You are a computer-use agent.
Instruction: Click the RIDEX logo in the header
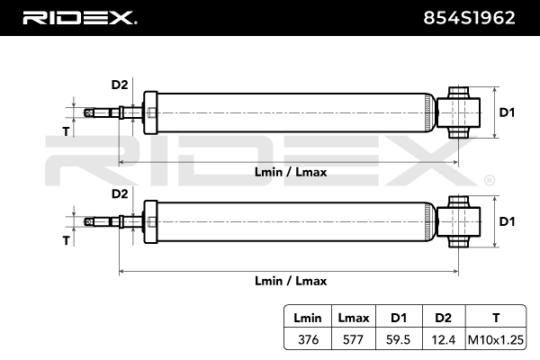pos(78,17)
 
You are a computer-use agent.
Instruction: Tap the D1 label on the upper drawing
pos(507,112)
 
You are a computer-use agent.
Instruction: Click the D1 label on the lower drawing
pos(507,221)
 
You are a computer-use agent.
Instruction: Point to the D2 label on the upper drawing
pos(119,85)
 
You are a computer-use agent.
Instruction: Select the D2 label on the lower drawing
pos(119,193)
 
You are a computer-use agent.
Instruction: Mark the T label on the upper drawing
pos(65,131)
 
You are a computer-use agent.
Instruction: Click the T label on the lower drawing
pos(65,240)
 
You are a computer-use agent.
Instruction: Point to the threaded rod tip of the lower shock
pos(88,221)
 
